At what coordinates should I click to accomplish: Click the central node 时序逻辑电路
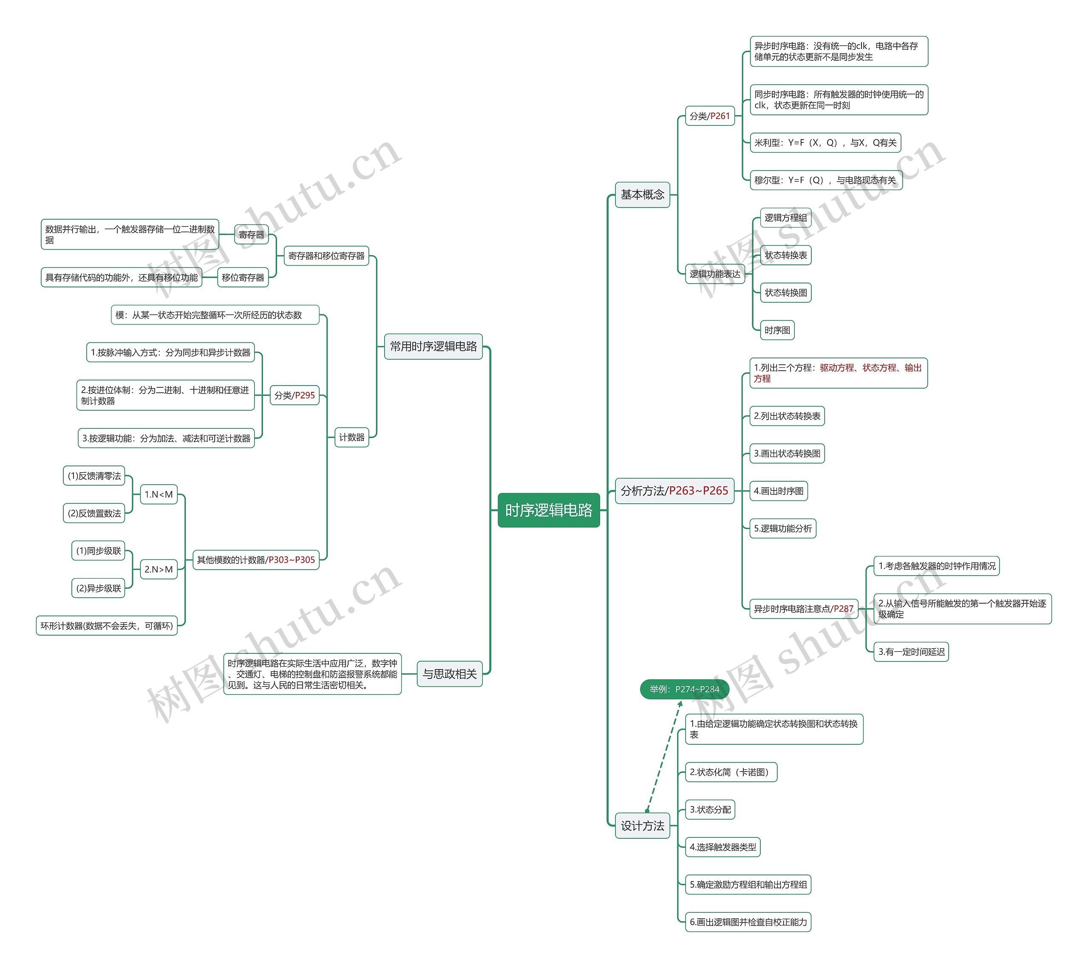pyautogui.click(x=548, y=510)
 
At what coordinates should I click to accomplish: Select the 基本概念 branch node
pyautogui.click(x=643, y=194)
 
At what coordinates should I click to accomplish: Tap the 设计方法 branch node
pyautogui.click(x=643, y=826)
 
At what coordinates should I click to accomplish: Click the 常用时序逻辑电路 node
pyautogui.click(x=433, y=346)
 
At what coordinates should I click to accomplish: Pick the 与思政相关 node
pyautogui.click(x=449, y=674)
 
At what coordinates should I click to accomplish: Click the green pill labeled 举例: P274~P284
pyautogui.click(x=684, y=689)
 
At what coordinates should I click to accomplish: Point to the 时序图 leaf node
pyautogui.click(x=777, y=330)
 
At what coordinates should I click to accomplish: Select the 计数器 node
pyautogui.click(x=351, y=437)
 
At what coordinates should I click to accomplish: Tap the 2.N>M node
pyautogui.click(x=159, y=569)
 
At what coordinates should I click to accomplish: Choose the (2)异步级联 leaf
pyautogui.click(x=99, y=588)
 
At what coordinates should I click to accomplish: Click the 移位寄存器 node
pyautogui.click(x=243, y=278)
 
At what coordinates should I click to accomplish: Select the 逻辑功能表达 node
pyautogui.click(x=715, y=274)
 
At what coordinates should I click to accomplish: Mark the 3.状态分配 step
pyautogui.click(x=710, y=809)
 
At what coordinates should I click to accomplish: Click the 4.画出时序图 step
pyautogui.click(x=779, y=491)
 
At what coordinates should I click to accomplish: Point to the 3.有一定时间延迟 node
pyautogui.click(x=911, y=652)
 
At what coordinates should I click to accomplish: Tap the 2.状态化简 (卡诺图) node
pyautogui.click(x=731, y=772)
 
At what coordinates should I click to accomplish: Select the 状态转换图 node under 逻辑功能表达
pyautogui.click(x=786, y=292)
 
